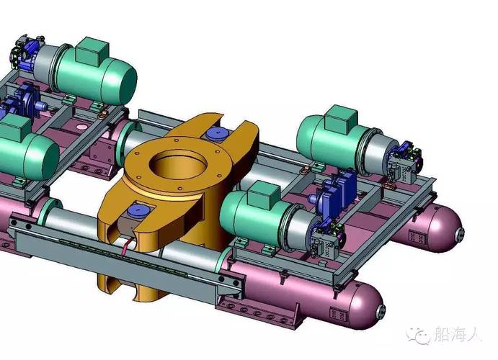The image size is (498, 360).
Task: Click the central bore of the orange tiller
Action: click(178, 166)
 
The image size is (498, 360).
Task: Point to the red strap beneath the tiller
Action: click(127, 248)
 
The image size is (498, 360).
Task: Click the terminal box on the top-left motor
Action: click(93, 51)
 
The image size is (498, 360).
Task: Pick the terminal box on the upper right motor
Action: click(342, 120)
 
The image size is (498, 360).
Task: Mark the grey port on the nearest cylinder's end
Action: click(381, 311)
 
